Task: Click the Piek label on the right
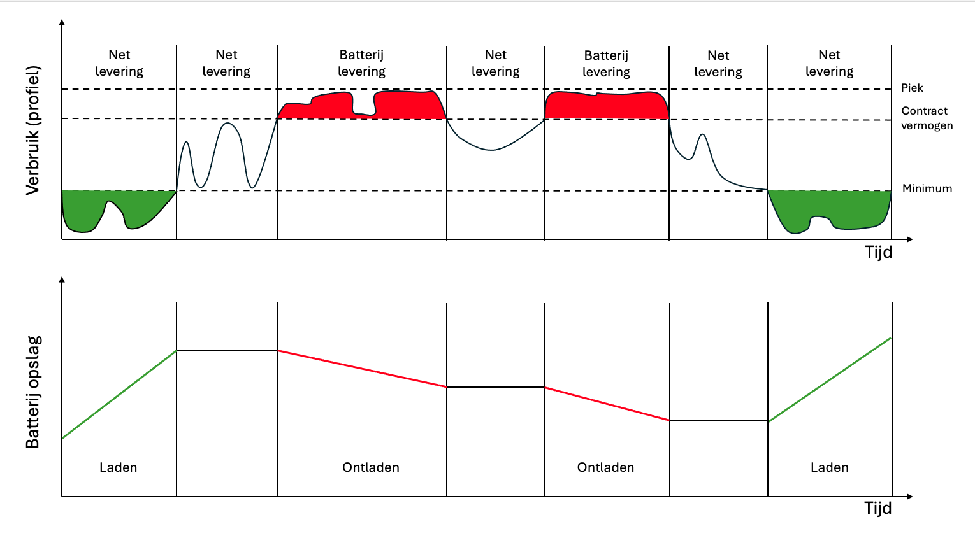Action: pyautogui.click(x=912, y=88)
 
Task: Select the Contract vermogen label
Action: pyautogui.click(x=927, y=118)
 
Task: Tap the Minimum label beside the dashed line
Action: pyautogui.click(x=927, y=188)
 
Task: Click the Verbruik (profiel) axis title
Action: pyautogui.click(x=33, y=131)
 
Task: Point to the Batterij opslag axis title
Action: pyautogui.click(x=33, y=392)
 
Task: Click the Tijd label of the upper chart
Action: pyautogui.click(x=878, y=252)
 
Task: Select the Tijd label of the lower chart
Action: pyautogui.click(x=878, y=508)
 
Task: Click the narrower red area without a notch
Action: pyautogui.click(x=607, y=105)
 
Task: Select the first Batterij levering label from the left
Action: pyautogui.click(x=362, y=63)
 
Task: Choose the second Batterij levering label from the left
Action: pyautogui.click(x=606, y=64)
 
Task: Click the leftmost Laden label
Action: pyautogui.click(x=119, y=467)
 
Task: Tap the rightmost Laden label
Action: pyautogui.click(x=830, y=467)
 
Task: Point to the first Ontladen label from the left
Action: pyautogui.click(x=371, y=467)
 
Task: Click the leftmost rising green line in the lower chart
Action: pyautogui.click(x=119, y=394)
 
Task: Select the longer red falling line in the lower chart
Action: pyautogui.click(x=362, y=369)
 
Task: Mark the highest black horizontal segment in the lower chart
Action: pyautogui.click(x=227, y=350)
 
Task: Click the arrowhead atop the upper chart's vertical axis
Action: pyautogui.click(x=62, y=22)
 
